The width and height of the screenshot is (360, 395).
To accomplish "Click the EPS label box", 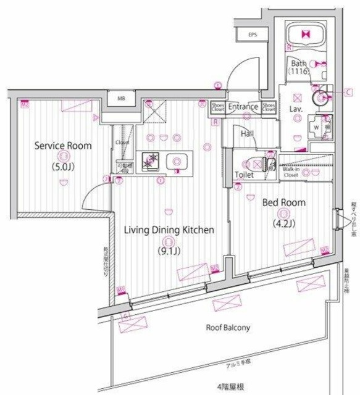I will coord(252,35).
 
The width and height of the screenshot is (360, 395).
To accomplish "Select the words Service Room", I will coord(63,146).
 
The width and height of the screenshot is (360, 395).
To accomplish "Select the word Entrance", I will coord(243,107).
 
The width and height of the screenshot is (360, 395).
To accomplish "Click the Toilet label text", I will coord(245,175).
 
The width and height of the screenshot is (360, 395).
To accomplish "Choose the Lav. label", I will coord(295,109).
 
